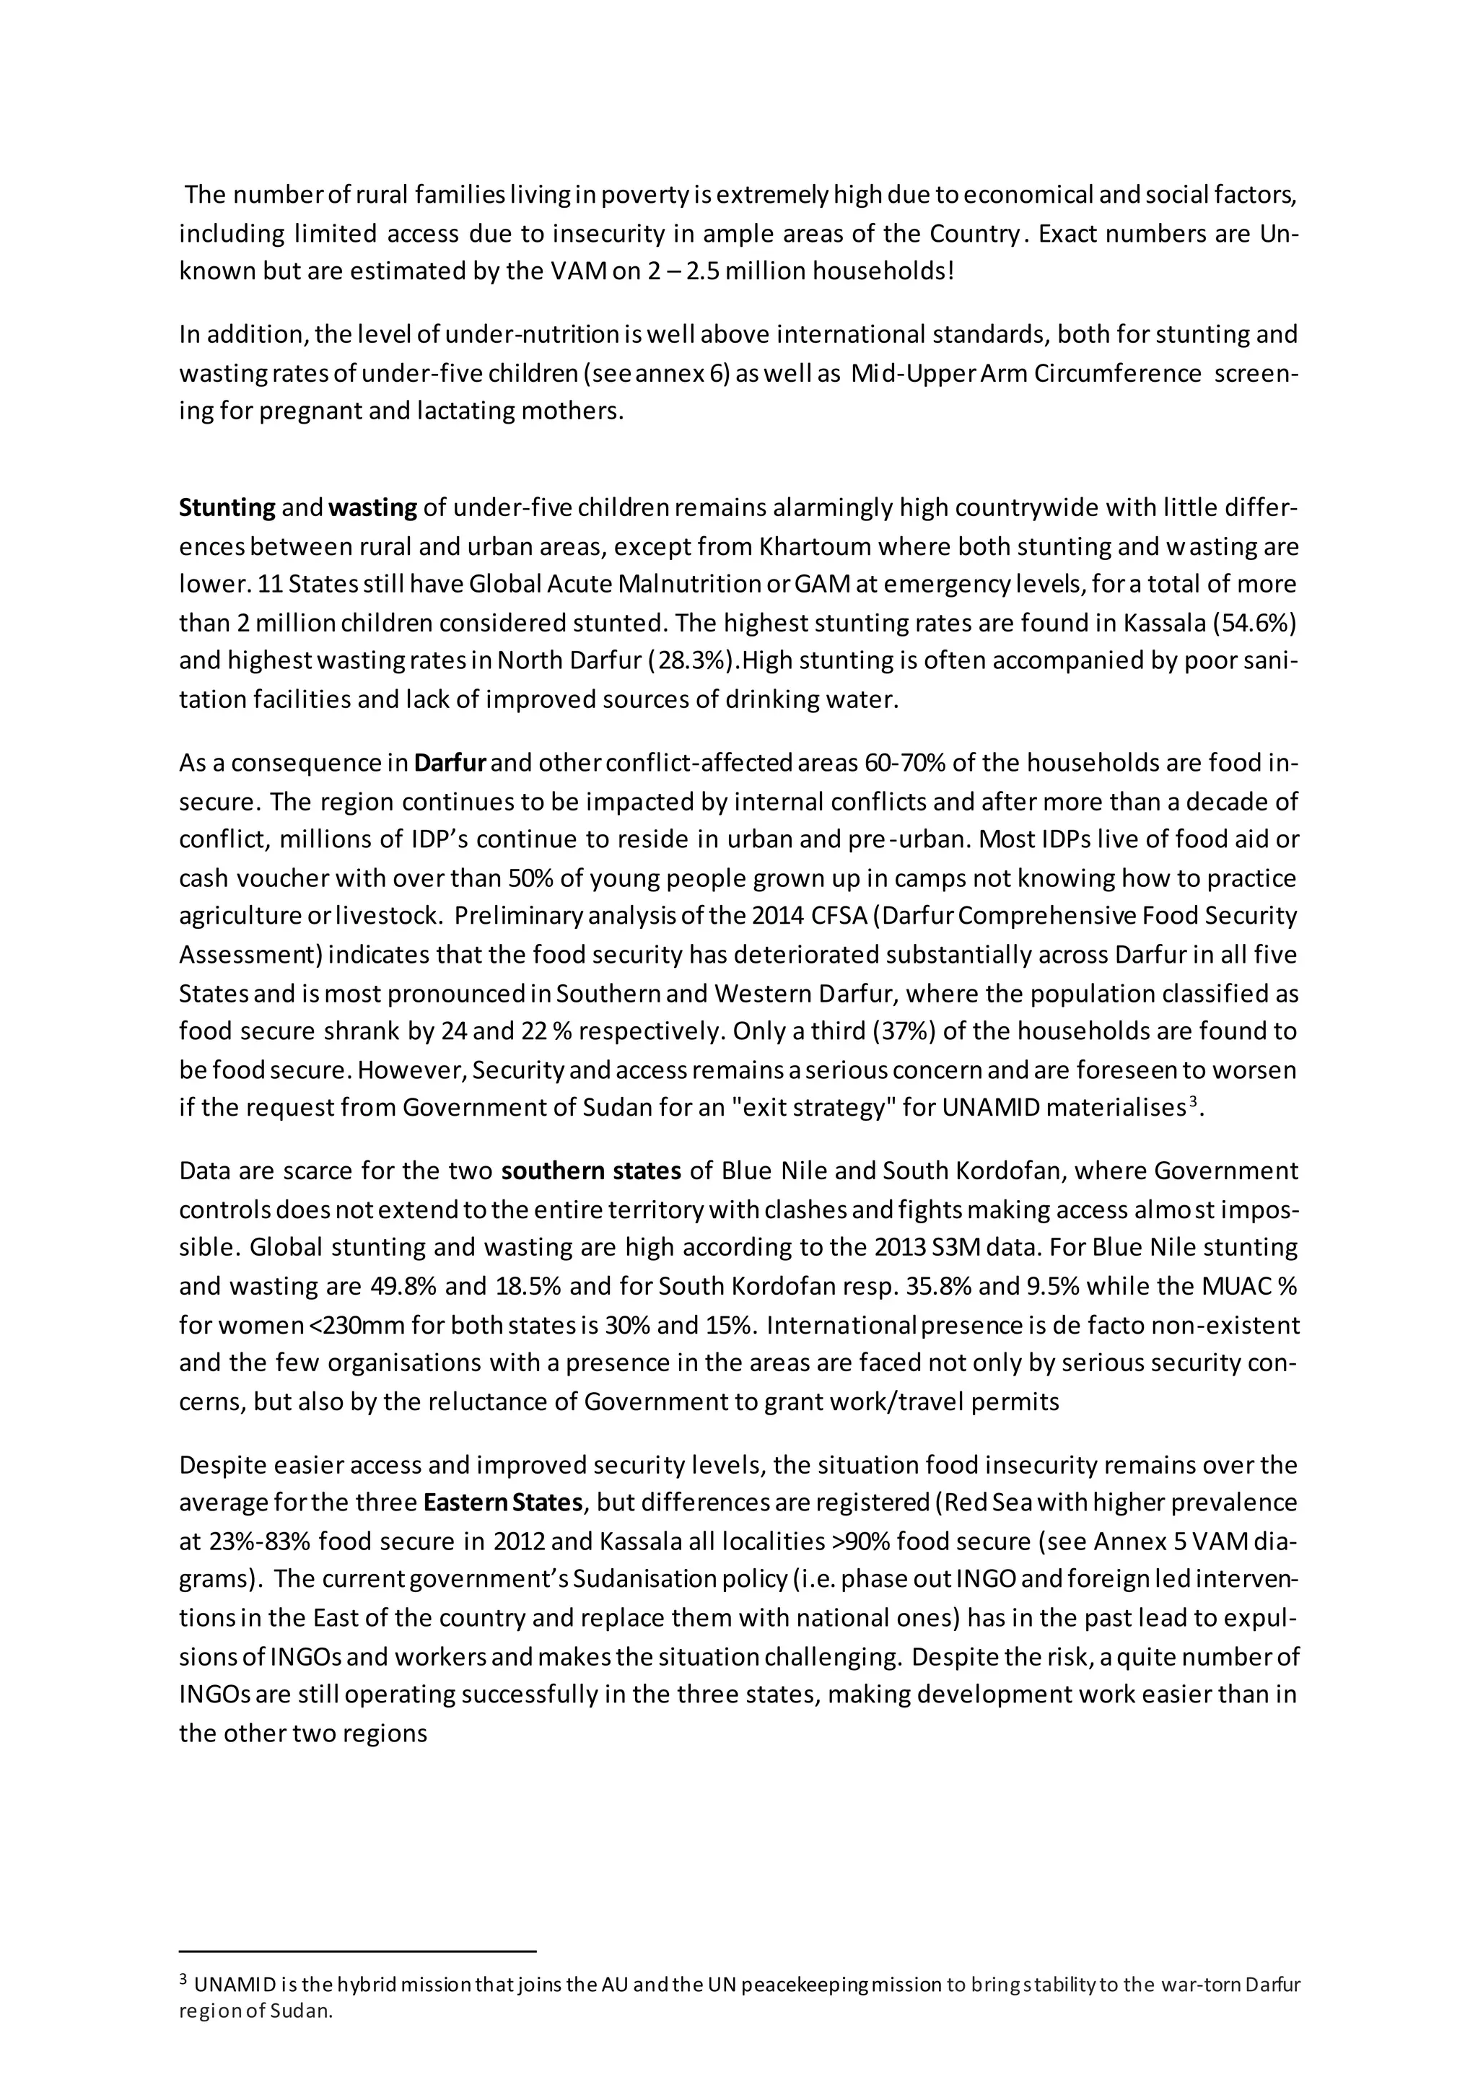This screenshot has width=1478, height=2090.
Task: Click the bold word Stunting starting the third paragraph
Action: pyautogui.click(x=227, y=507)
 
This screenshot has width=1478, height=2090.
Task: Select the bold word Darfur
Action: pyautogui.click(x=450, y=762)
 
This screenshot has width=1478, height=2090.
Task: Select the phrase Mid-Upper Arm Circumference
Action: pyautogui.click(x=1026, y=373)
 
